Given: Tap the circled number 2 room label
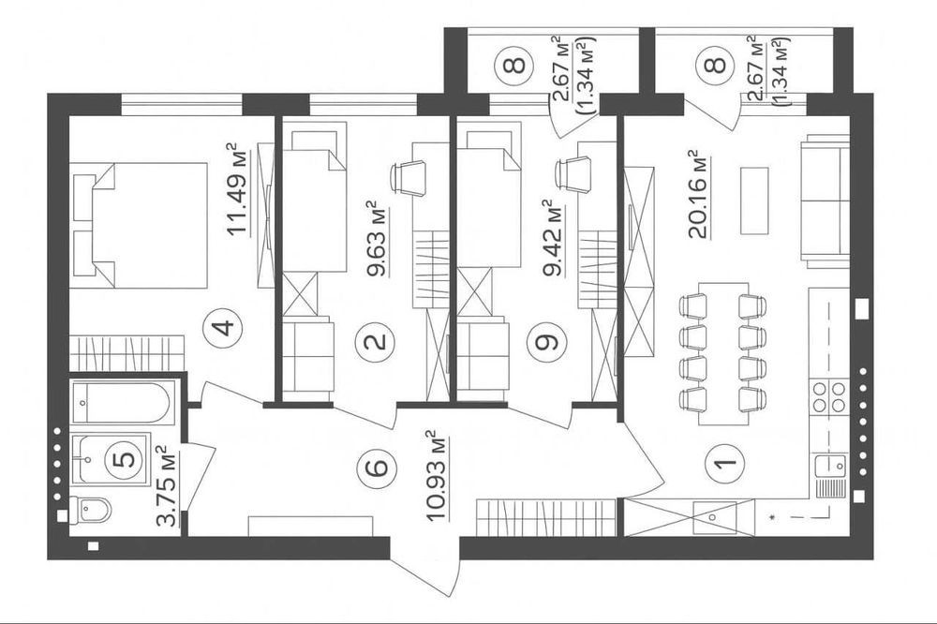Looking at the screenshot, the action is coord(376,341).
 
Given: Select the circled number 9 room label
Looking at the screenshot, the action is coord(548,341).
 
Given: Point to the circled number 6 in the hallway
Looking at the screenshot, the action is coord(377,465).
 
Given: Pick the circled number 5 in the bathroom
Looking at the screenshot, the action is coord(125,459).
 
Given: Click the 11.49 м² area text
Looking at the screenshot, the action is coord(239,190).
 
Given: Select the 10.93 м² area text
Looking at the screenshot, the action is coord(438,475).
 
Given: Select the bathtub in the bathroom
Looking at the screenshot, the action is coord(123,403).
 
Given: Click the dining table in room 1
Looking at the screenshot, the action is coord(722,353).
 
